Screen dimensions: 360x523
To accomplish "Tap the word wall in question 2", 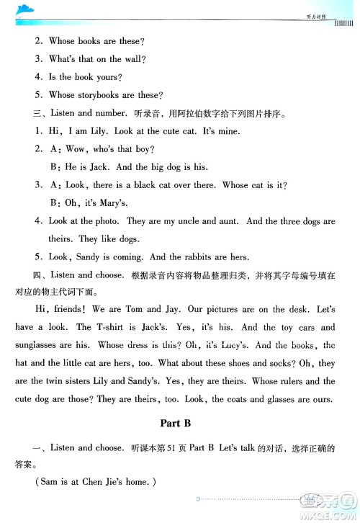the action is point(135,59).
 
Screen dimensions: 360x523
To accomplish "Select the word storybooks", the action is point(97,94).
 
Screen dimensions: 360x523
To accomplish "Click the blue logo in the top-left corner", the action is point(27,9).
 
